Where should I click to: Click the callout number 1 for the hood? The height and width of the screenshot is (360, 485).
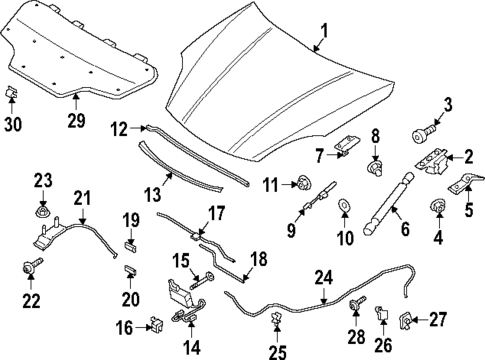tap(324, 31)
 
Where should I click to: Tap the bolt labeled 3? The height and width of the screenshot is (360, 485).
tap(424, 132)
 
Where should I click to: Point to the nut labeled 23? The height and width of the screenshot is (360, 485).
tap(43, 210)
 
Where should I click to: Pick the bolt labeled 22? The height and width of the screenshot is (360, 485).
tap(32, 266)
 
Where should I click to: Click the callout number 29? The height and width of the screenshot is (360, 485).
tap(76, 120)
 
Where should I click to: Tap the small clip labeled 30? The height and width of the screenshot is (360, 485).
tap(11, 91)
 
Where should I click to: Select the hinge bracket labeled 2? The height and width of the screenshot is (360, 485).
tap(431, 161)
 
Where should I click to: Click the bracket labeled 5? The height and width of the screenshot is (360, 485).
tap(465, 184)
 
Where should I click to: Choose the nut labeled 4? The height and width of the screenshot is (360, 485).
tap(438, 205)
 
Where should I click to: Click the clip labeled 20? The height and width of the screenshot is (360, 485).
tap(131, 269)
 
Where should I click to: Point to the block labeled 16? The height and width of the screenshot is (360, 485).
tap(157, 324)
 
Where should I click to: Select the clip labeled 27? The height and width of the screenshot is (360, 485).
tap(404, 320)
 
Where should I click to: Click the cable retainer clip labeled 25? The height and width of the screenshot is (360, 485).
tap(276, 319)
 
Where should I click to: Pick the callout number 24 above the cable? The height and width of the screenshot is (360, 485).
tap(323, 278)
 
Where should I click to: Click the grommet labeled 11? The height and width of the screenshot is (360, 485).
tap(304, 184)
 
